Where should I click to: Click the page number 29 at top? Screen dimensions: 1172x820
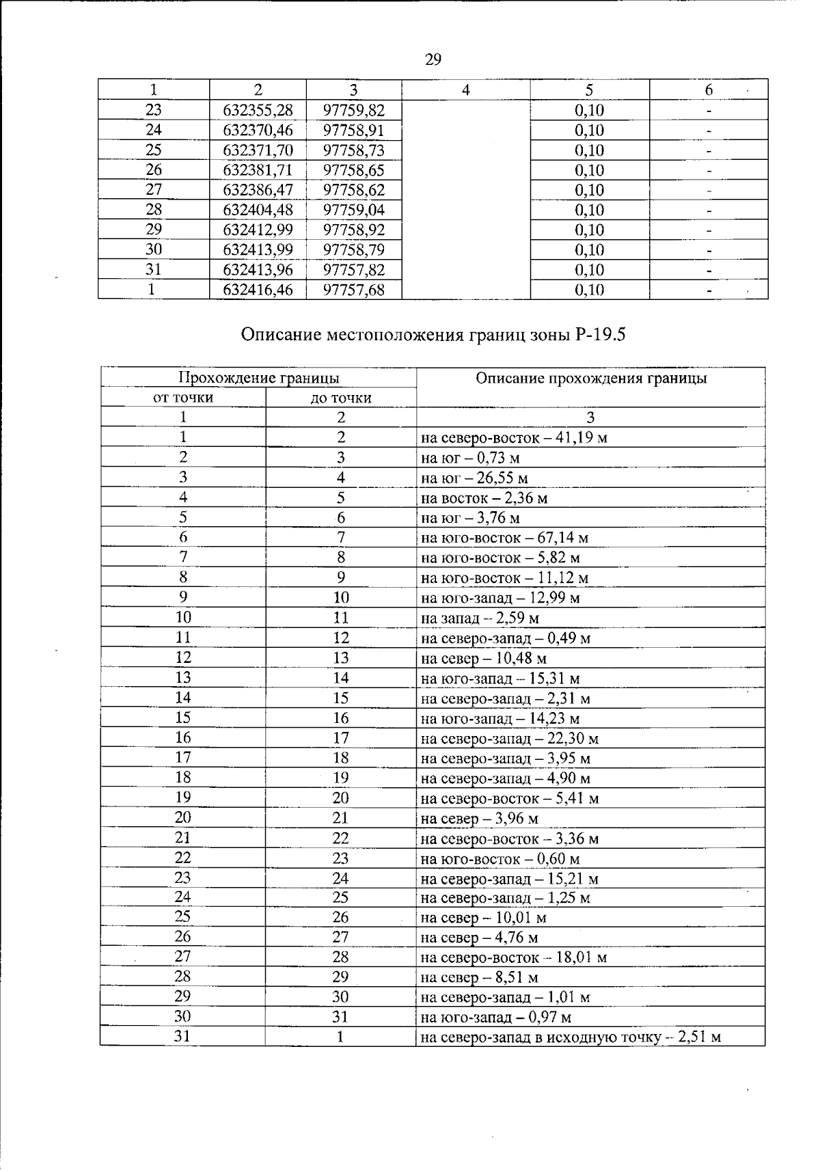[433, 60]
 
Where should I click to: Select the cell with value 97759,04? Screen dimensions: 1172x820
[353, 210]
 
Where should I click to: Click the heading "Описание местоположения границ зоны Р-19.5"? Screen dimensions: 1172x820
[433, 335]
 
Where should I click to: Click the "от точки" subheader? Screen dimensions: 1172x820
[182, 398]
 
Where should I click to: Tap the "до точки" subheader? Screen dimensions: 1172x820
[340, 398]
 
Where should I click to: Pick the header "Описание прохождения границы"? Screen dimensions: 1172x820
[590, 378]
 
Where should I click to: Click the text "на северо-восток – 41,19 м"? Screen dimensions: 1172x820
[514, 438]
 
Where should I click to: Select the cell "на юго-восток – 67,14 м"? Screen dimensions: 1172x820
[504, 538]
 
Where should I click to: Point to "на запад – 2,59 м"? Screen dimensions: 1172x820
[480, 618]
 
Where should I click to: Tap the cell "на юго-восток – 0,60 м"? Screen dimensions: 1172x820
[500, 859]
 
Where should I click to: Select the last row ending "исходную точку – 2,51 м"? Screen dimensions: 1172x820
[571, 1037]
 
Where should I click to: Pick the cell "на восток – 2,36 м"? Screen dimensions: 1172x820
[484, 498]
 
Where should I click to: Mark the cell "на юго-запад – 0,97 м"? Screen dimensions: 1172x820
[496, 1018]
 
